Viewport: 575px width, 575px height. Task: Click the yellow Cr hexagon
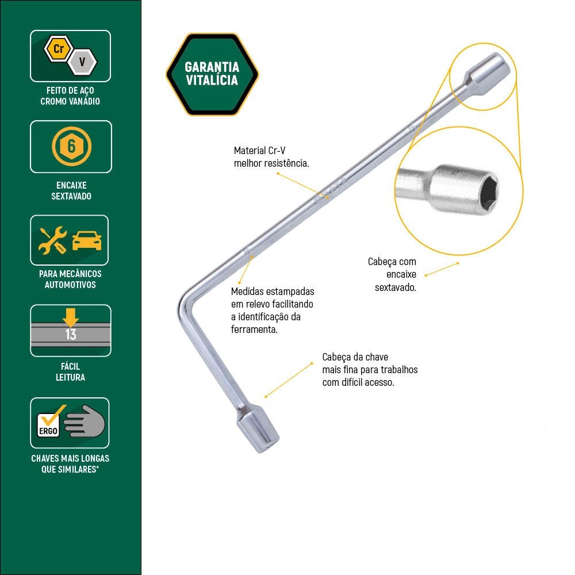click(x=58, y=49)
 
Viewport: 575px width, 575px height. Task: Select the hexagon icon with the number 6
click(x=71, y=146)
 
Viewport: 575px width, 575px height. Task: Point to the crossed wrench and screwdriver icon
click(x=53, y=240)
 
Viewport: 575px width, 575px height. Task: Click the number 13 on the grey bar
click(x=71, y=335)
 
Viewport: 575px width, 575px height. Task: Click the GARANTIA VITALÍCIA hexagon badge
click(x=212, y=74)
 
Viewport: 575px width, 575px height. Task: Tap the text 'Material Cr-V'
click(x=259, y=151)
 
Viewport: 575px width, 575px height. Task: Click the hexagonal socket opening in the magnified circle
click(x=486, y=190)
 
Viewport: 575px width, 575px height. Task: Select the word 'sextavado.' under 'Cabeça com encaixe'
click(x=395, y=287)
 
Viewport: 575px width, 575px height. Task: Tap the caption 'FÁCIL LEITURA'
click(x=71, y=371)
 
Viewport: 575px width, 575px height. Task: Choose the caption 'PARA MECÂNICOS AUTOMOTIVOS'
click(x=71, y=279)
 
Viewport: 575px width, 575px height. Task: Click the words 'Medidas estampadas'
click(x=273, y=292)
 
